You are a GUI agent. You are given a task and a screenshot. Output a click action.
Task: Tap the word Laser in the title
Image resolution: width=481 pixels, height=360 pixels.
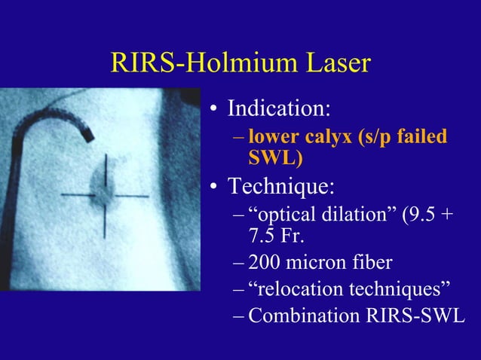click(x=332, y=63)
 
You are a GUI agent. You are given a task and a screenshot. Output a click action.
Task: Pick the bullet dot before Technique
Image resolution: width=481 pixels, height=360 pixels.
click(x=216, y=187)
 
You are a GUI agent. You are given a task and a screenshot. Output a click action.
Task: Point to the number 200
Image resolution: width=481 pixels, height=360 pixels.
click(x=265, y=263)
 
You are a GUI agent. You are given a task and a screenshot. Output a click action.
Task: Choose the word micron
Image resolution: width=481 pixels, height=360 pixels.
click(x=318, y=263)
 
